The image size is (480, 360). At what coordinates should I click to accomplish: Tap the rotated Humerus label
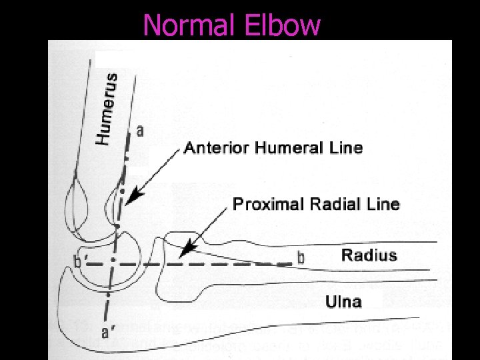click(x=108, y=109)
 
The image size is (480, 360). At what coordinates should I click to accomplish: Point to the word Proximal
click(x=263, y=204)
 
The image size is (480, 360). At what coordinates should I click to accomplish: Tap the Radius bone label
click(x=369, y=255)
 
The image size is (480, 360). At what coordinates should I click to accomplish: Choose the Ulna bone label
click(x=344, y=302)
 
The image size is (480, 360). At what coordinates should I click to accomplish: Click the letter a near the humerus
click(x=139, y=131)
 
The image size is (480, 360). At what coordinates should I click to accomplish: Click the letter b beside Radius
click(x=301, y=257)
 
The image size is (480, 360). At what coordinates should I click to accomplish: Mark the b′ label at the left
click(x=79, y=262)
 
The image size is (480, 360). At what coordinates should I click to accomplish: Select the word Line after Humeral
click(x=347, y=147)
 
